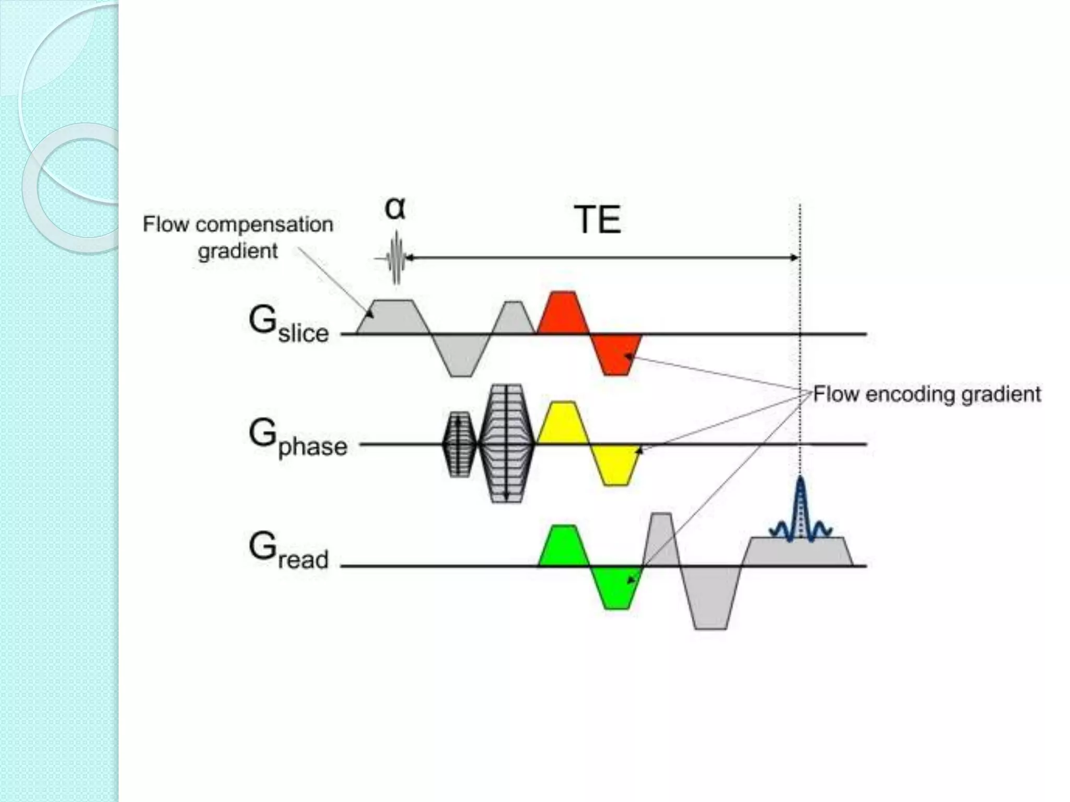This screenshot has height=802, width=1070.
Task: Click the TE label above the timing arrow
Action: click(x=597, y=220)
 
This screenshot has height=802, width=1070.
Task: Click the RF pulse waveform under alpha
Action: click(x=396, y=258)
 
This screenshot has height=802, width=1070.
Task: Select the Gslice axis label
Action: click(x=288, y=325)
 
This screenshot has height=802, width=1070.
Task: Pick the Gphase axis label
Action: click(x=297, y=438)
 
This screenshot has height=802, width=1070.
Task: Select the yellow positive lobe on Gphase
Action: click(x=562, y=424)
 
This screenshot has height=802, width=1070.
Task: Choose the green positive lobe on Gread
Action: click(x=562, y=546)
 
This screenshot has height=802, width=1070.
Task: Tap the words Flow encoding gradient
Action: click(x=927, y=394)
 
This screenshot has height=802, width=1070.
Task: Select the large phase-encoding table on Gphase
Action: click(x=506, y=444)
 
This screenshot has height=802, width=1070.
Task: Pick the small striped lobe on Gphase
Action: click(x=459, y=444)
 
